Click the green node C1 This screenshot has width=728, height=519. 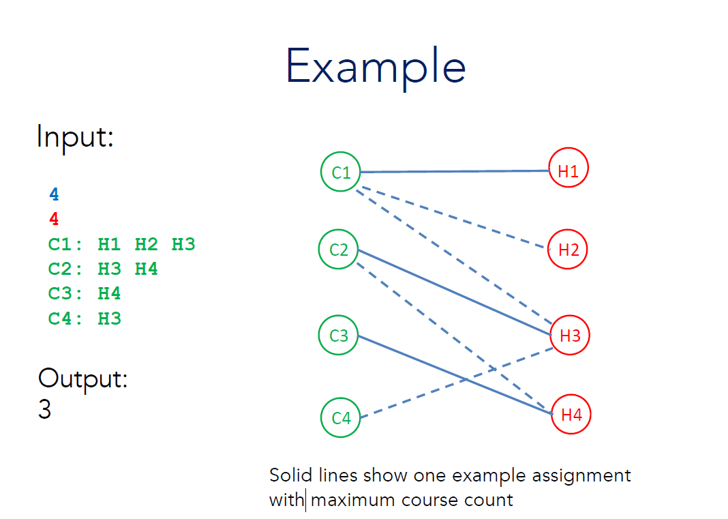point(341,173)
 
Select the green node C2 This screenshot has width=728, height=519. point(339,250)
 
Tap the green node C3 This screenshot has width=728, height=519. point(339,336)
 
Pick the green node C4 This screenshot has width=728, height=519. point(341,417)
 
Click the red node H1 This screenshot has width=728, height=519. point(568,171)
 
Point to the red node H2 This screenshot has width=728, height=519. point(568,250)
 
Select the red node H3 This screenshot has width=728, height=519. point(570,336)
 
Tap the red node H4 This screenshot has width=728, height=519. point(571,414)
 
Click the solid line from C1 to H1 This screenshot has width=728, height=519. point(454,172)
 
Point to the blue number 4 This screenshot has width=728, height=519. point(54,195)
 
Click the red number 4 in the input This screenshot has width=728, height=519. point(54,220)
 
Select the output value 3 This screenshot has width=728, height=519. point(45,410)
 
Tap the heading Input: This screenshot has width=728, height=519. point(75,137)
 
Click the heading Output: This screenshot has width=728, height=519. point(82,379)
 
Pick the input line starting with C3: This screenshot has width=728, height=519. point(85,294)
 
